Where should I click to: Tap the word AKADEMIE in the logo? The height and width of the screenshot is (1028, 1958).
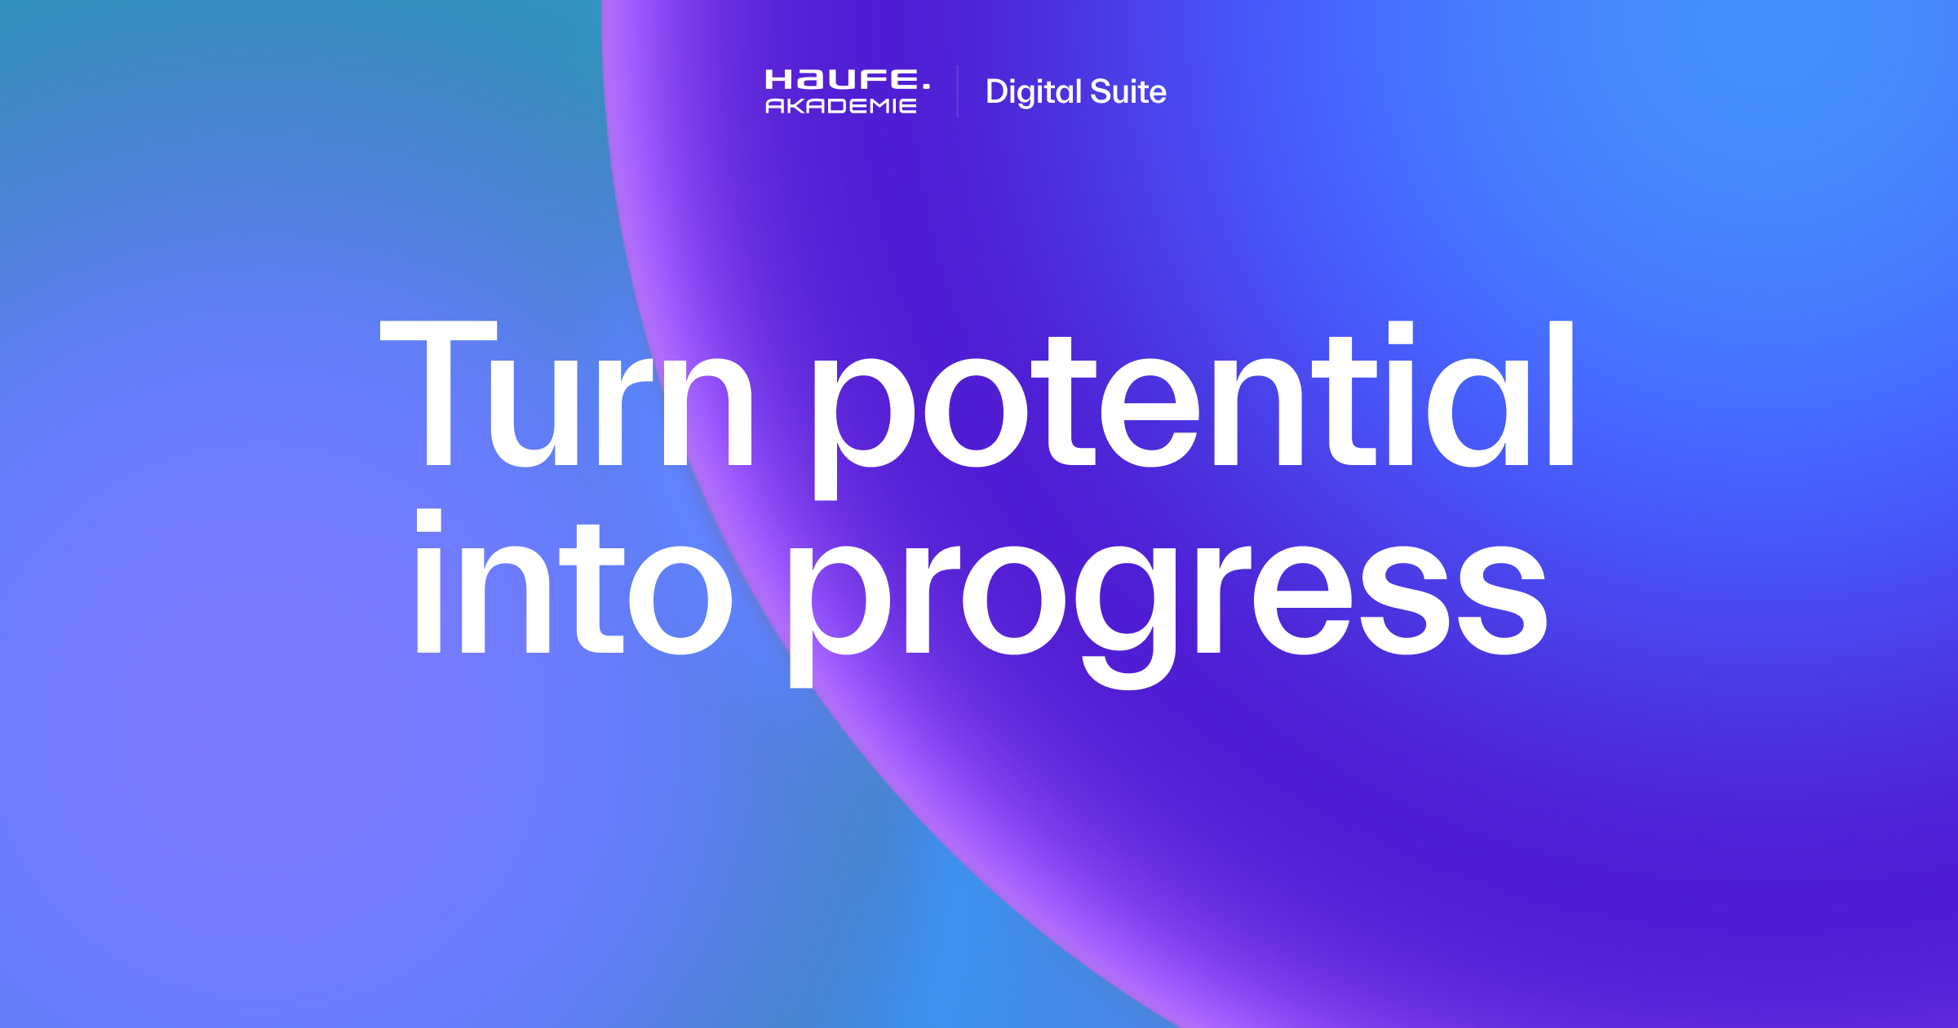[x=840, y=106]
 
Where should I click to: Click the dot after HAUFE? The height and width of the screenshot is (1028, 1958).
[x=926, y=85]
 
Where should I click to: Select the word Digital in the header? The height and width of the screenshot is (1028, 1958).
[x=1033, y=92]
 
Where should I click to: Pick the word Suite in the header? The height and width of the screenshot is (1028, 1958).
[x=1128, y=91]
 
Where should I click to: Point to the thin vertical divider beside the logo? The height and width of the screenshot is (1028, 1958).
[x=957, y=91]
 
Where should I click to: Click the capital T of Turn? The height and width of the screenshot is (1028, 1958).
[x=439, y=393]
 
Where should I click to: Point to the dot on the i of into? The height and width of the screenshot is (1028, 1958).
[x=429, y=520]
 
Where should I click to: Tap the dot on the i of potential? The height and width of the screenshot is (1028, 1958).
[x=1400, y=333]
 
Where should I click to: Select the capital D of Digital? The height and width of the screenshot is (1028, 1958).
[x=998, y=91]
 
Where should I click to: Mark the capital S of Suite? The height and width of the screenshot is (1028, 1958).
[x=1101, y=91]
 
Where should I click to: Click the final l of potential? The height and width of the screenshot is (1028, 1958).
[x=1561, y=393]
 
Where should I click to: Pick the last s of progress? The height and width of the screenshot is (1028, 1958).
[x=1502, y=600]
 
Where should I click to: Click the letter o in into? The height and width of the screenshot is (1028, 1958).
[x=680, y=600]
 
